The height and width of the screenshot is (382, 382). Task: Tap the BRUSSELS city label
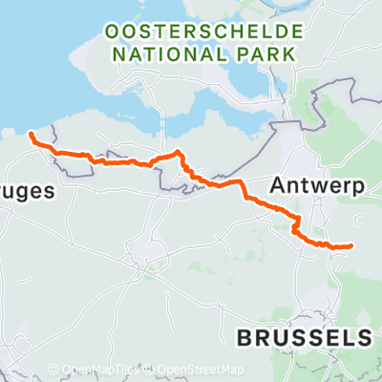303,337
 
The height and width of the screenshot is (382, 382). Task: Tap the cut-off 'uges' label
20,191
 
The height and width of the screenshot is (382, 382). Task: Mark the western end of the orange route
32,135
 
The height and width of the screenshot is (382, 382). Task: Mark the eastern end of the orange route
352,245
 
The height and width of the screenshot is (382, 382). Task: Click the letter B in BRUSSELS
244,337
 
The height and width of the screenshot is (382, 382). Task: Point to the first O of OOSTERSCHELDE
109,32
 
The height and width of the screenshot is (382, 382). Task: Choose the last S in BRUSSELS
362,337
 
